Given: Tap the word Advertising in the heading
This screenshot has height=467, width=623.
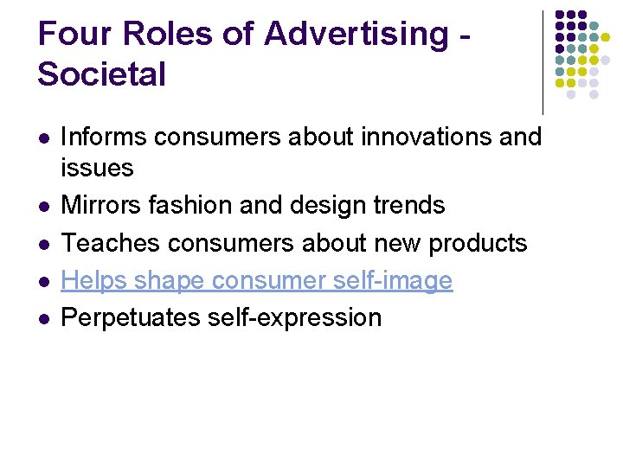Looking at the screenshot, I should [356, 35].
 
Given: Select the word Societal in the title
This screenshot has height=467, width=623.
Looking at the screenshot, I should [101, 74].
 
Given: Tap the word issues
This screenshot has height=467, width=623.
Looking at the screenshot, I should [97, 167].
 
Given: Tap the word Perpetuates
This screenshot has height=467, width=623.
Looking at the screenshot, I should [132, 317].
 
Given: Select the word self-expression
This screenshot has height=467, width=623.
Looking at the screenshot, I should [295, 317].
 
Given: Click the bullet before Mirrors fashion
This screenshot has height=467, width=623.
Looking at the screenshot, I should [42, 206].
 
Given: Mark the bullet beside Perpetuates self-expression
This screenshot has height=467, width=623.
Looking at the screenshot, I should [42, 318].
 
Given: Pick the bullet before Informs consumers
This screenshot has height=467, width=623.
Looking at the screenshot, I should [42, 138].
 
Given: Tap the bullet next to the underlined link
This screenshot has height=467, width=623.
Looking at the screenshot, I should [42, 281].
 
